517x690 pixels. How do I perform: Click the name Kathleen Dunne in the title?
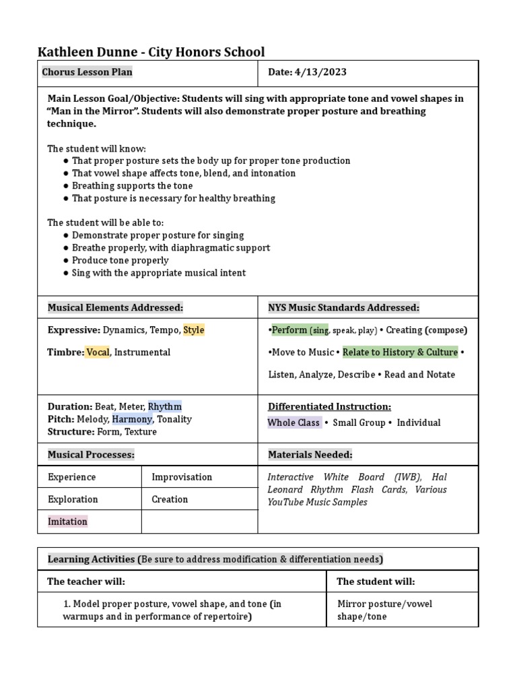pos(87,52)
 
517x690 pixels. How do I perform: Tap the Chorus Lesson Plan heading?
pos(88,72)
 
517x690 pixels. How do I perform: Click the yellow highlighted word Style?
pos(194,330)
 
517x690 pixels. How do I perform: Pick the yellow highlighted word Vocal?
pos(98,352)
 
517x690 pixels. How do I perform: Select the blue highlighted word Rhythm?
pos(165,406)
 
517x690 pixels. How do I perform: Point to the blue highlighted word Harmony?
pos(133,419)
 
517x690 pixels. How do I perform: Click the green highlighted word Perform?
pos(289,330)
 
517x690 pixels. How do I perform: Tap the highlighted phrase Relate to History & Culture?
pos(401,352)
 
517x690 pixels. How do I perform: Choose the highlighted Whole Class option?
pos(294,423)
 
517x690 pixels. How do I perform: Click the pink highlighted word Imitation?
pos(67,522)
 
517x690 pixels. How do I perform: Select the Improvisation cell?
pos(182,477)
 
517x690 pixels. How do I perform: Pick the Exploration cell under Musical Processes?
pos(73,499)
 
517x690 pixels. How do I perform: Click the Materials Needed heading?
pos(310,455)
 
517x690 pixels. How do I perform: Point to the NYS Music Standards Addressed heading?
pos(343,308)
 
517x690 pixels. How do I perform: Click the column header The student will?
pos(376,582)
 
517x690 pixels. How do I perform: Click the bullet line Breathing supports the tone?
pos(132,186)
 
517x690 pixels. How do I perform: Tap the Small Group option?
pos(359,423)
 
